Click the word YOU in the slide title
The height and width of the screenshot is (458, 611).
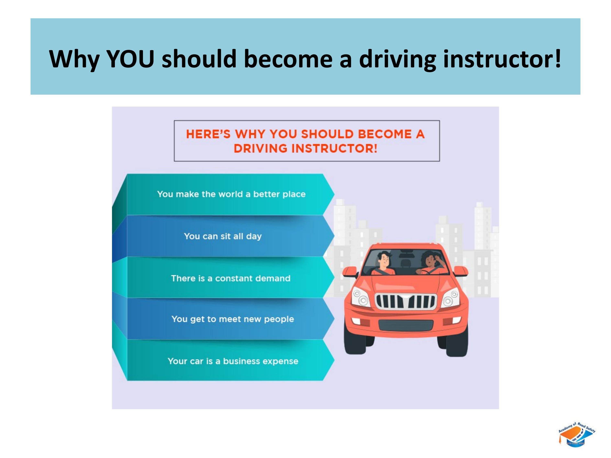(130, 59)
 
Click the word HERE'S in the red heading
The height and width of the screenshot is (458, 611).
(208, 134)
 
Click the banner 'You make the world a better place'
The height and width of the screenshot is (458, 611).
(231, 194)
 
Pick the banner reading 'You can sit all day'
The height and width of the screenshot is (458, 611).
(223, 236)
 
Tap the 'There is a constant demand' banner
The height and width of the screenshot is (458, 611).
(231, 278)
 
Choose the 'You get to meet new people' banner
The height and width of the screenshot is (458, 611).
(233, 319)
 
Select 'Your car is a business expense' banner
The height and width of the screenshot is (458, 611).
(233, 361)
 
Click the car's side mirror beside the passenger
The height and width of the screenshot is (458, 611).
(350, 271)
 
